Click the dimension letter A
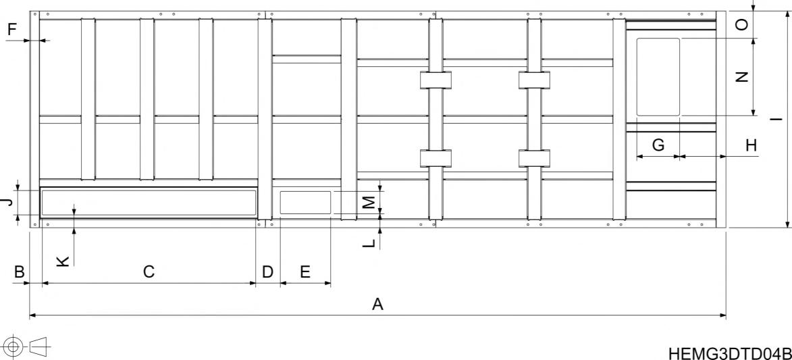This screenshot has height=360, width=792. point(378,305)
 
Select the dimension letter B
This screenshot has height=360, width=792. point(20,272)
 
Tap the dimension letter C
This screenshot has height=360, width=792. point(149,272)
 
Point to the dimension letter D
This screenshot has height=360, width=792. point(267,272)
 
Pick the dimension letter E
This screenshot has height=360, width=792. point(305,272)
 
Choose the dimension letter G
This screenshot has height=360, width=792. point(658,144)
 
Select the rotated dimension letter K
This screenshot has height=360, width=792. point(62,261)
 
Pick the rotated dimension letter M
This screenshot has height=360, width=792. point(369,201)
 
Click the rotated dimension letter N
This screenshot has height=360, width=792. point(741,77)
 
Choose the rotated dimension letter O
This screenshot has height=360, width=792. point(741,24)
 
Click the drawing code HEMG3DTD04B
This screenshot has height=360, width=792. point(729,353)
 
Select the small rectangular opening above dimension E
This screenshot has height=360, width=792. point(305,203)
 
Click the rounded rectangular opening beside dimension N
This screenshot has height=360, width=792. point(658,77)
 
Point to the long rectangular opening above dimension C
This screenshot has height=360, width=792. point(149,203)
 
